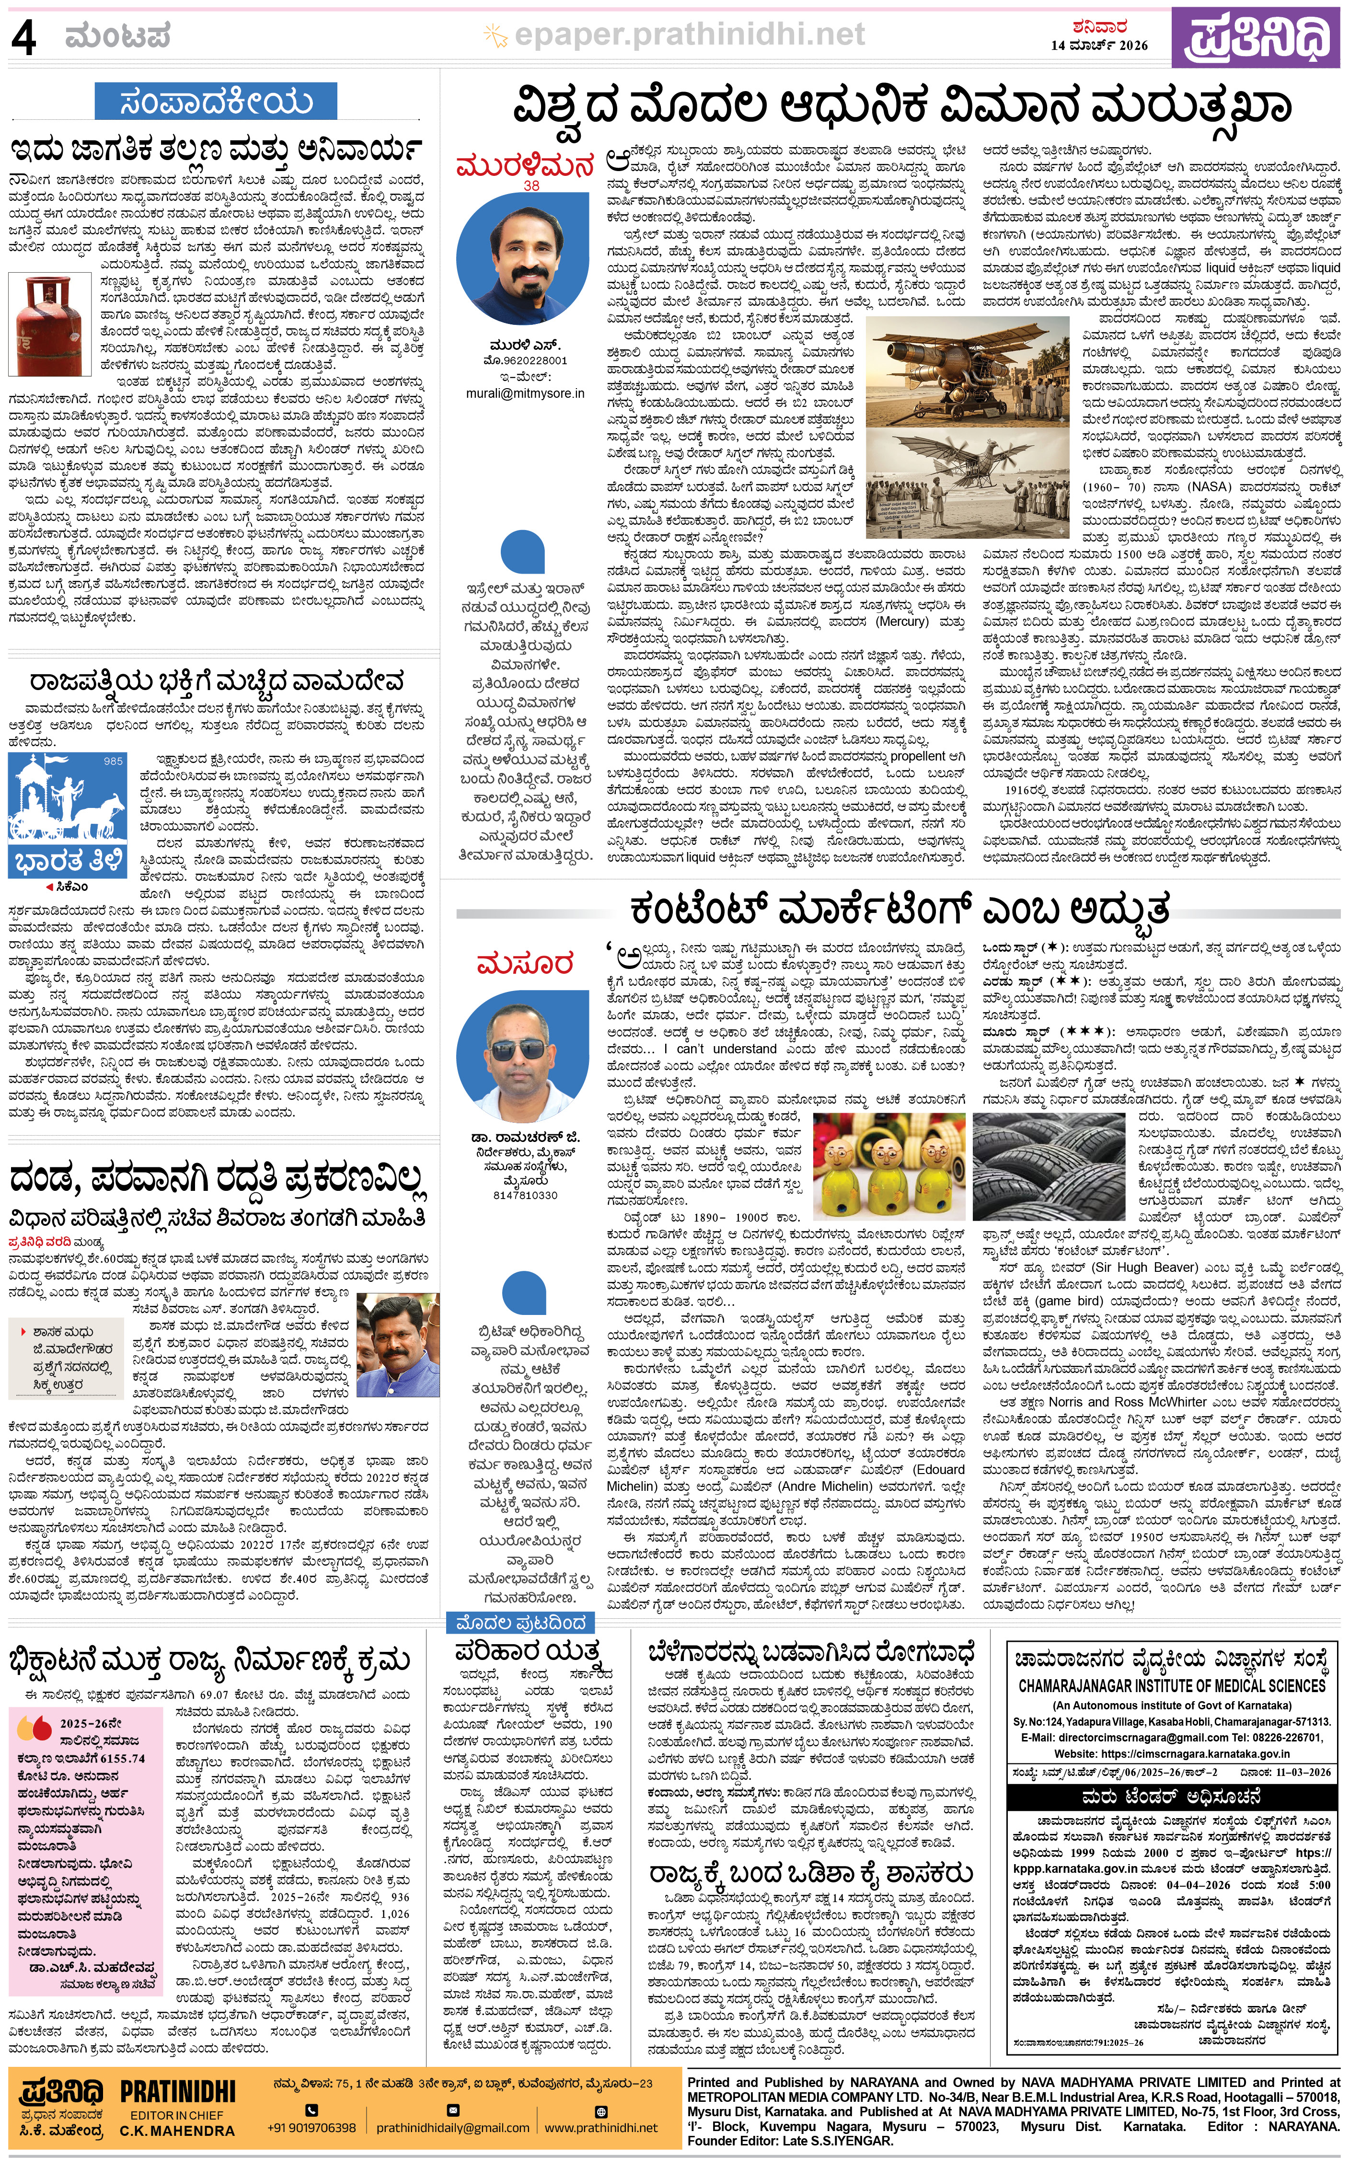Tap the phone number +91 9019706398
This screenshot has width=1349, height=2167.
tap(311, 2128)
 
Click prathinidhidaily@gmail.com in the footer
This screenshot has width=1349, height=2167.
tap(452, 2128)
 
